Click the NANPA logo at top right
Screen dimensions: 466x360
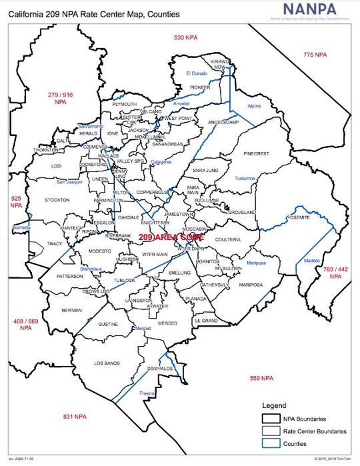click(313, 11)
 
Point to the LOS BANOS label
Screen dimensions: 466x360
click(106, 363)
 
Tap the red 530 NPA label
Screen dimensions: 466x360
click(186, 37)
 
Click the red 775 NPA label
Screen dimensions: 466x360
click(315, 54)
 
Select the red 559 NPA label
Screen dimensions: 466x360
click(261, 378)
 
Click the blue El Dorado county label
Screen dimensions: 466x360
click(197, 73)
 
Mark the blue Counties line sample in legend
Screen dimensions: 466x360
click(270, 443)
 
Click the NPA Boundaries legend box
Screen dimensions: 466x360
click(270, 419)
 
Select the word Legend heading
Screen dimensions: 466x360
click(273, 405)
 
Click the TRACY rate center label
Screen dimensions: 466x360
click(54, 244)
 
